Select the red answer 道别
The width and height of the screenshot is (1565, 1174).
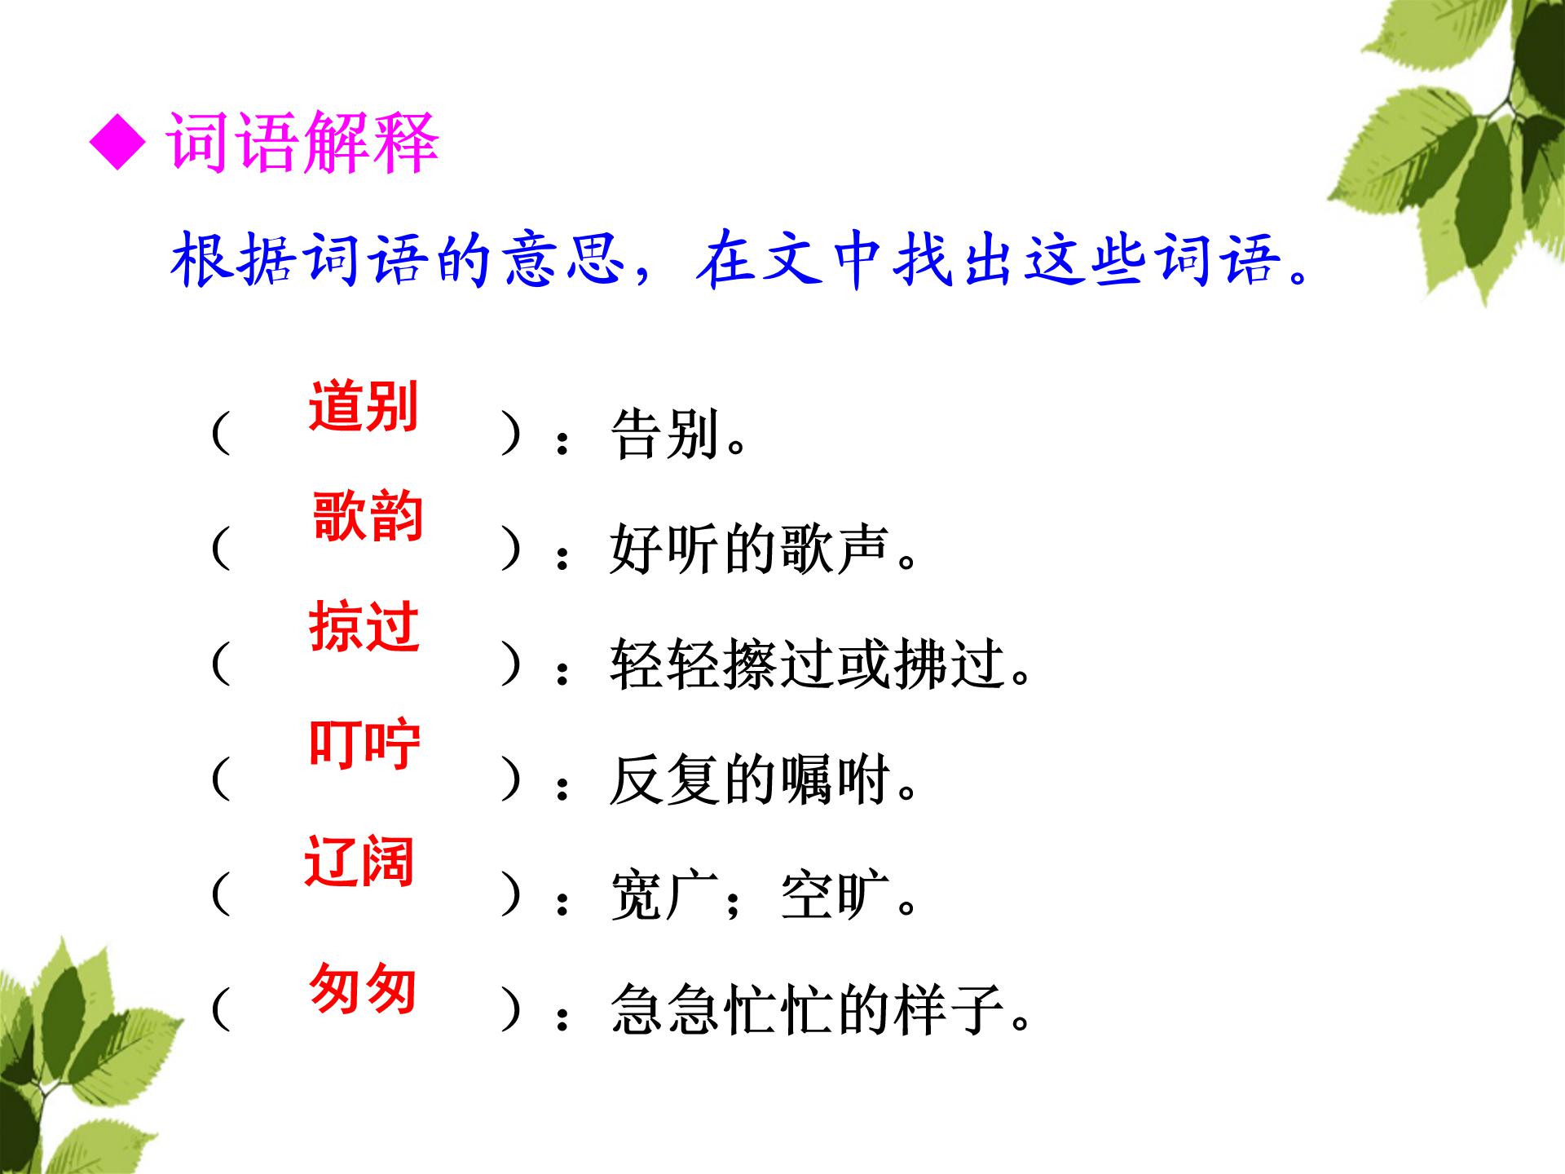click(364, 406)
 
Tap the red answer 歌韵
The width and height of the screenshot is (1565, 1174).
click(368, 517)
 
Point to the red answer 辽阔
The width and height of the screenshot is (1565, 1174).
click(359, 861)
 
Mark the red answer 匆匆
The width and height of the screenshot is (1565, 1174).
click(364, 988)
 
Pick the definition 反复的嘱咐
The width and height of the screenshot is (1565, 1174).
click(763, 780)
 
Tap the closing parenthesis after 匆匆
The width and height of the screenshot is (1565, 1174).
click(511, 1010)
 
